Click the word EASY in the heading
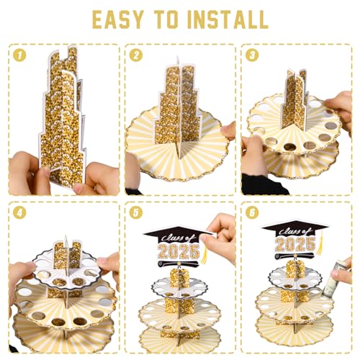(118, 19)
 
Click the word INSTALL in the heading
(227, 19)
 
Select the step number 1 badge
(19, 55)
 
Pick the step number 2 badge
(136, 55)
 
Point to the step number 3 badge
(252, 55)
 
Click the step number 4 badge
(19, 212)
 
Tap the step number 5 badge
(136, 212)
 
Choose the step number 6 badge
(252, 212)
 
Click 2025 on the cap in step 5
(179, 251)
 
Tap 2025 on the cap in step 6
(295, 244)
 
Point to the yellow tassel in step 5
(204, 254)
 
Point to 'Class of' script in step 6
(295, 232)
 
